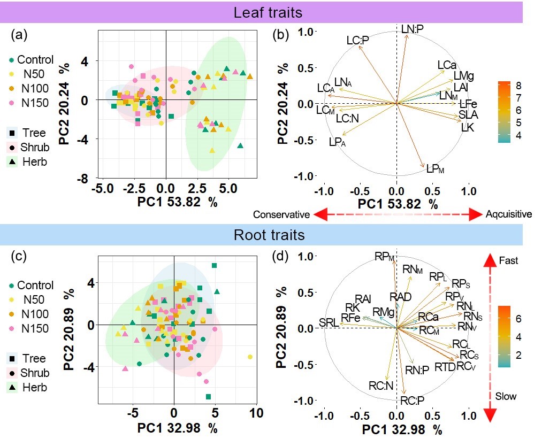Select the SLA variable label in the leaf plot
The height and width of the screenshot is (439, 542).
pyautogui.click(x=468, y=115)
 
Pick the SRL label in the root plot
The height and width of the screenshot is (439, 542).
pyautogui.click(x=329, y=322)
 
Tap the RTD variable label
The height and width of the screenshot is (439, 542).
pyautogui.click(x=445, y=367)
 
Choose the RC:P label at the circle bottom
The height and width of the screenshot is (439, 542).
pyautogui.click(x=413, y=401)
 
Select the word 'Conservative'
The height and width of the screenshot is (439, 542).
pyautogui.click(x=281, y=215)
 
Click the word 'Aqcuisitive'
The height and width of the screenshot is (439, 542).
pyautogui.click(x=509, y=215)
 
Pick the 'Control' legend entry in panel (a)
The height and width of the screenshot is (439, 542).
pyautogui.click(x=35, y=59)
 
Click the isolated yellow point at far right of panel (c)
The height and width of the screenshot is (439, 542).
pyautogui.click(x=250, y=357)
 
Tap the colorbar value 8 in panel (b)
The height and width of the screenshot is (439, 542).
pyautogui.click(x=518, y=86)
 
